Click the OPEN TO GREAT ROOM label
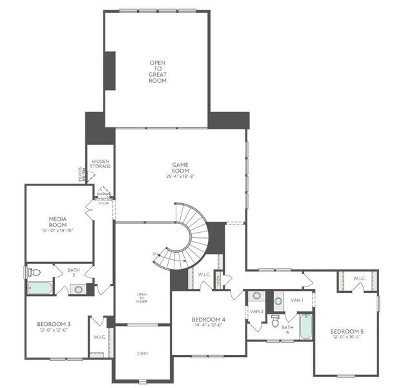click(158, 71)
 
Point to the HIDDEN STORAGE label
click(101, 164)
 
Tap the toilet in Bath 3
click(35, 272)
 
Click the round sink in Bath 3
click(78, 289)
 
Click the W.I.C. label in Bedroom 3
click(99, 337)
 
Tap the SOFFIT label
click(142, 354)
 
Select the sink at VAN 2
click(257, 296)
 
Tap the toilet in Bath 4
click(275, 319)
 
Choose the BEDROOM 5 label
click(347, 334)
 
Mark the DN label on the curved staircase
click(155, 253)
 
